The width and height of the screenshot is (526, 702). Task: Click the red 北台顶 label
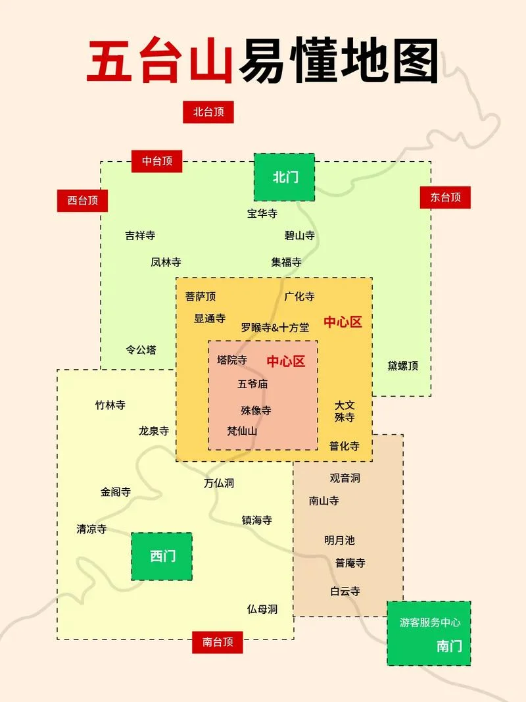[208, 112]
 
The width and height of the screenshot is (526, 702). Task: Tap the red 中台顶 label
[156, 161]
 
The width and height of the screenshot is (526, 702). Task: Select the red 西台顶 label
[82, 200]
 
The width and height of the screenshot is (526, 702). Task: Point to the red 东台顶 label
[445, 197]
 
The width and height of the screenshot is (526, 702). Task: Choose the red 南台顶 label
[218, 642]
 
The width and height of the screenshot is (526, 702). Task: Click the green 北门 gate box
[285, 177]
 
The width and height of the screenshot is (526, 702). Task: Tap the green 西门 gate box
[162, 556]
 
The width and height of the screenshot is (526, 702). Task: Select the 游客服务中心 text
[430, 622]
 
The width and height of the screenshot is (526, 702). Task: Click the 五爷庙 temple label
[252, 384]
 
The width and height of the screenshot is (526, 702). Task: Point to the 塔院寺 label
[232, 360]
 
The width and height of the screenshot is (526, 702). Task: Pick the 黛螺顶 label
[403, 366]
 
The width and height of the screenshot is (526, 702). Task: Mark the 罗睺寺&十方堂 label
[275, 327]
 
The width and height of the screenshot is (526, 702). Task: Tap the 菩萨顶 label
[201, 296]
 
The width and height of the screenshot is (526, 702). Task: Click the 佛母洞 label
[262, 609]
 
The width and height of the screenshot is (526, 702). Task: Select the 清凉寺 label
[91, 529]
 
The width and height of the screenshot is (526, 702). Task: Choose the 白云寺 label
[345, 591]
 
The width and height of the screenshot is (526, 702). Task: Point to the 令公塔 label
[141, 350]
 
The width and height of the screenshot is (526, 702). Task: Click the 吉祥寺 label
[140, 236]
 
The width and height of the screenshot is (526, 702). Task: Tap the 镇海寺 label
[256, 520]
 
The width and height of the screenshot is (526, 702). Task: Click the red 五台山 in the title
[160, 62]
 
